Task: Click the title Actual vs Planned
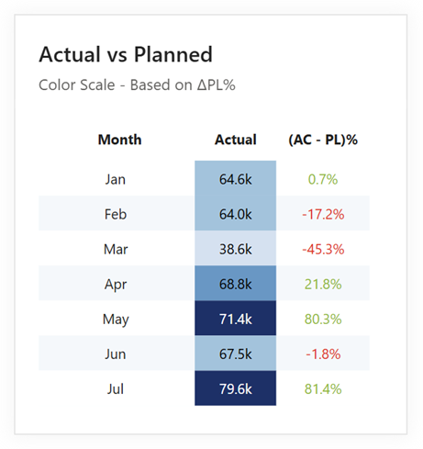(x=126, y=54)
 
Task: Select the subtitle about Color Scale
(x=137, y=84)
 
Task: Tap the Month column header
(x=119, y=140)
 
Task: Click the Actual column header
(x=236, y=140)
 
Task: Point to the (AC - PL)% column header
(x=323, y=140)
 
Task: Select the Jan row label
(x=116, y=179)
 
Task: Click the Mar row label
(x=116, y=249)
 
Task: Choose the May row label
(x=116, y=320)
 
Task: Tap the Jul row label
(x=116, y=389)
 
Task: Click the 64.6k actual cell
(x=236, y=178)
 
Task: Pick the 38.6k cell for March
(x=236, y=248)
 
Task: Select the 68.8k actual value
(x=236, y=285)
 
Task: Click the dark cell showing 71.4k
(x=236, y=318)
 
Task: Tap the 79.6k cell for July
(x=236, y=388)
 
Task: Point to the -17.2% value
(x=323, y=214)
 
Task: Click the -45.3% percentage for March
(x=323, y=249)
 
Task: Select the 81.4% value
(x=323, y=389)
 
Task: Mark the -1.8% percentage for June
(x=323, y=354)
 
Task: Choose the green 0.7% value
(x=323, y=179)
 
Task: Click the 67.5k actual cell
(x=236, y=354)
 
